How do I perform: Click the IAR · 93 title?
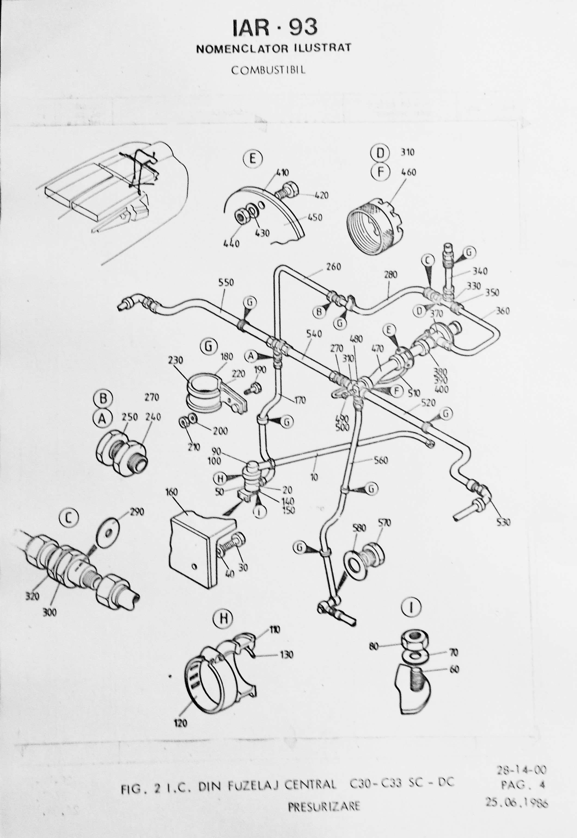(275, 27)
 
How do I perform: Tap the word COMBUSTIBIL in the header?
(268, 70)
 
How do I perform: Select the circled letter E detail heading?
(252, 159)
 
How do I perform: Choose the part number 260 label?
(333, 267)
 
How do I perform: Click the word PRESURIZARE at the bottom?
(324, 804)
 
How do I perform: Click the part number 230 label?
(176, 361)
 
